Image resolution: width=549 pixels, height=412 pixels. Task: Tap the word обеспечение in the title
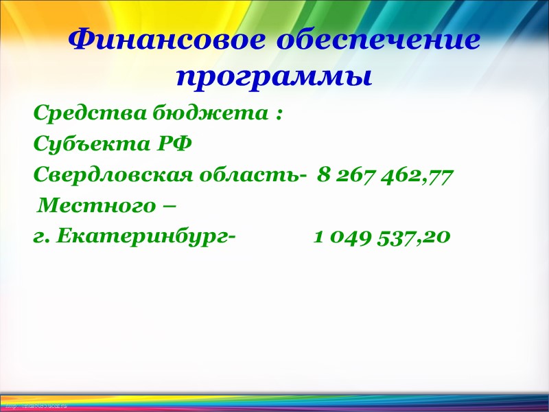tap(378, 41)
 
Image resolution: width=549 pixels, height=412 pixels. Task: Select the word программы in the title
tap(274, 76)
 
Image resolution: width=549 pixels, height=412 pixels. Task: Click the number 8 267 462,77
tap(385, 176)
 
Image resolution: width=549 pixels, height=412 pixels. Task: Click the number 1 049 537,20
tap(382, 238)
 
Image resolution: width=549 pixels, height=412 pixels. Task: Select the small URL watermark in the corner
tap(34, 407)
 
